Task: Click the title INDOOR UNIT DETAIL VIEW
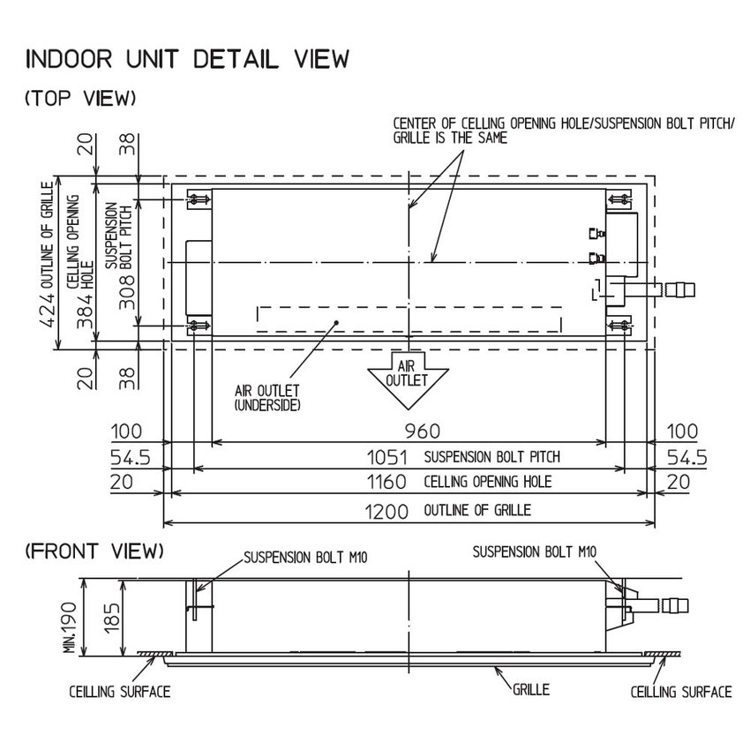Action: pyautogui.click(x=188, y=60)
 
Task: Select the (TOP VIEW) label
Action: pyautogui.click(x=81, y=99)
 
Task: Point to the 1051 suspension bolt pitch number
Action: pyautogui.click(x=388, y=457)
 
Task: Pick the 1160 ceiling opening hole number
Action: pyautogui.click(x=388, y=482)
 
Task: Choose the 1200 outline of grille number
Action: pyautogui.click(x=388, y=511)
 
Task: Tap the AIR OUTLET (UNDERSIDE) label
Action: pyautogui.click(x=267, y=398)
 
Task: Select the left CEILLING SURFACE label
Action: pyautogui.click(x=120, y=692)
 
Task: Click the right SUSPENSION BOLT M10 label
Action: pyautogui.click(x=536, y=552)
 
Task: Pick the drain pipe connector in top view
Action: pyautogui.click(x=678, y=288)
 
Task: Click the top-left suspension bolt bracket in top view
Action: pyautogui.click(x=199, y=200)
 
